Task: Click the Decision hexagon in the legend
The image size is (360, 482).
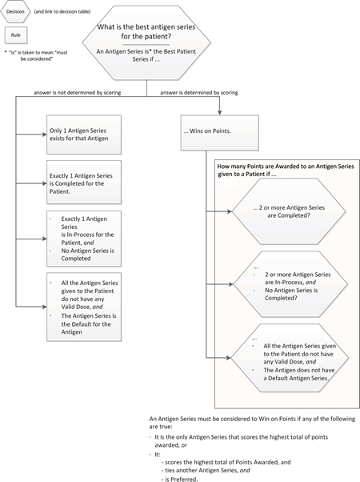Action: pos(16,12)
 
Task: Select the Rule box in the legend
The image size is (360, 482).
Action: pos(16,35)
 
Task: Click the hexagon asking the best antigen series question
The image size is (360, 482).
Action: pos(146,42)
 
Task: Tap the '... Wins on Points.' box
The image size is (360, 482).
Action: pos(220,132)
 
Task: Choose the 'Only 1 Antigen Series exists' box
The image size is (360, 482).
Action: pos(84,135)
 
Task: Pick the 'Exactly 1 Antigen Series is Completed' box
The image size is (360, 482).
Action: pos(84,182)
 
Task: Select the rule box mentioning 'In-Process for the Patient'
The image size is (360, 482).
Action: pos(84,239)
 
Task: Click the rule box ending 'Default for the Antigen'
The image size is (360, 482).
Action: pos(84,307)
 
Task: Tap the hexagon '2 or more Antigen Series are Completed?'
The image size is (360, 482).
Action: pos(289,211)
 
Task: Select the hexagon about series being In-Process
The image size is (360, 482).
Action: pos(290,284)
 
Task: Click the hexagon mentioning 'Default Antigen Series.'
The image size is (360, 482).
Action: pos(290,358)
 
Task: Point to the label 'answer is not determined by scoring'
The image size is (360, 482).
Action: pos(78,93)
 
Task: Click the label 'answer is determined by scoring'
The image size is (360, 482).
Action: pos(199,93)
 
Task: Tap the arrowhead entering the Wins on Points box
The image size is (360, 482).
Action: pos(219,113)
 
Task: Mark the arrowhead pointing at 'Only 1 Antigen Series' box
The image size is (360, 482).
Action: pos(44,135)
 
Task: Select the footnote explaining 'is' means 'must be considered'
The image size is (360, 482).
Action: pos(36,55)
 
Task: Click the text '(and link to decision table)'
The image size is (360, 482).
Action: pos(62,12)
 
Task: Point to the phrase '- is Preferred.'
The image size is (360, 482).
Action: pos(179,479)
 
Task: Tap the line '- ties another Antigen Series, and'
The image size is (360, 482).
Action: pos(206,470)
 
